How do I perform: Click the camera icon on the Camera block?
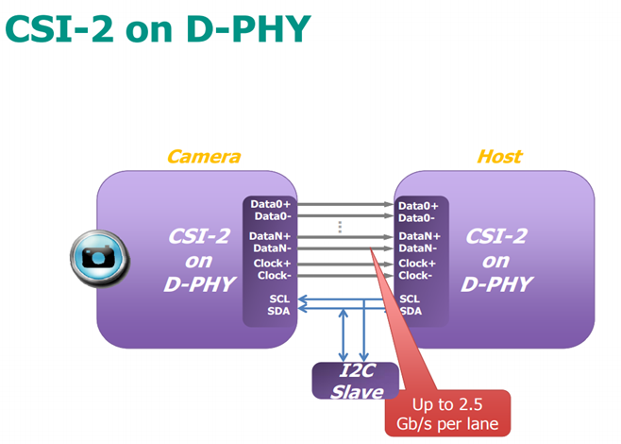click(x=99, y=258)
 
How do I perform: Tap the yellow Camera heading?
click(x=204, y=157)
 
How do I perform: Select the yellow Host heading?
click(x=499, y=157)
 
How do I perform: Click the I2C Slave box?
click(x=356, y=381)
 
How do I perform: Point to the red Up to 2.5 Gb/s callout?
click(x=447, y=414)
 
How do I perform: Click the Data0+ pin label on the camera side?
click(x=271, y=204)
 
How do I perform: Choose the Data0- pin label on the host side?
click(x=416, y=218)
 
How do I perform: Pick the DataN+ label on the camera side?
click(x=270, y=236)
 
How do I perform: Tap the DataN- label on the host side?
click(x=418, y=248)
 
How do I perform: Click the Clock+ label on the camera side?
click(x=272, y=264)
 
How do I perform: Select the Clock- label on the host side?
click(x=415, y=275)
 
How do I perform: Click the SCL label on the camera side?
click(x=279, y=299)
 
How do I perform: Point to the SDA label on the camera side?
click(x=278, y=311)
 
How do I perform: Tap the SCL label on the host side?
click(x=410, y=299)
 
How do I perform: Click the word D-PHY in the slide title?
click(x=249, y=29)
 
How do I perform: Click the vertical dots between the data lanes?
click(x=340, y=227)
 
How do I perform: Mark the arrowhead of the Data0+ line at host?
click(x=389, y=204)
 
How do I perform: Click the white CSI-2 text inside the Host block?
click(x=495, y=237)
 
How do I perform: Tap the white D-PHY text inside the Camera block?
click(x=200, y=284)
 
